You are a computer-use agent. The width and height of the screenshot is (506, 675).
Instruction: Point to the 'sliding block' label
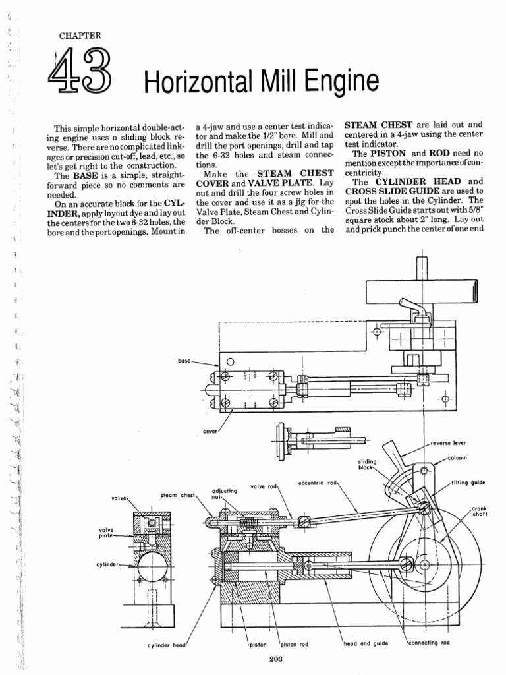pyautogui.click(x=368, y=465)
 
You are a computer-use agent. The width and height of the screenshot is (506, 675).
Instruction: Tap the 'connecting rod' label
pyautogui.click(x=432, y=643)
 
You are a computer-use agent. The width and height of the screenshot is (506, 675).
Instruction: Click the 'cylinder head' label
pyautogui.click(x=169, y=644)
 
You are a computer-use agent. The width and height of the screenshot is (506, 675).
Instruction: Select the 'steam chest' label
pyautogui.click(x=177, y=494)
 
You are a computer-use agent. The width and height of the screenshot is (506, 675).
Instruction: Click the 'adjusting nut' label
pyautogui.click(x=224, y=494)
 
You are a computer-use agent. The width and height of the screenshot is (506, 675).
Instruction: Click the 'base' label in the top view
pyautogui.click(x=184, y=361)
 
